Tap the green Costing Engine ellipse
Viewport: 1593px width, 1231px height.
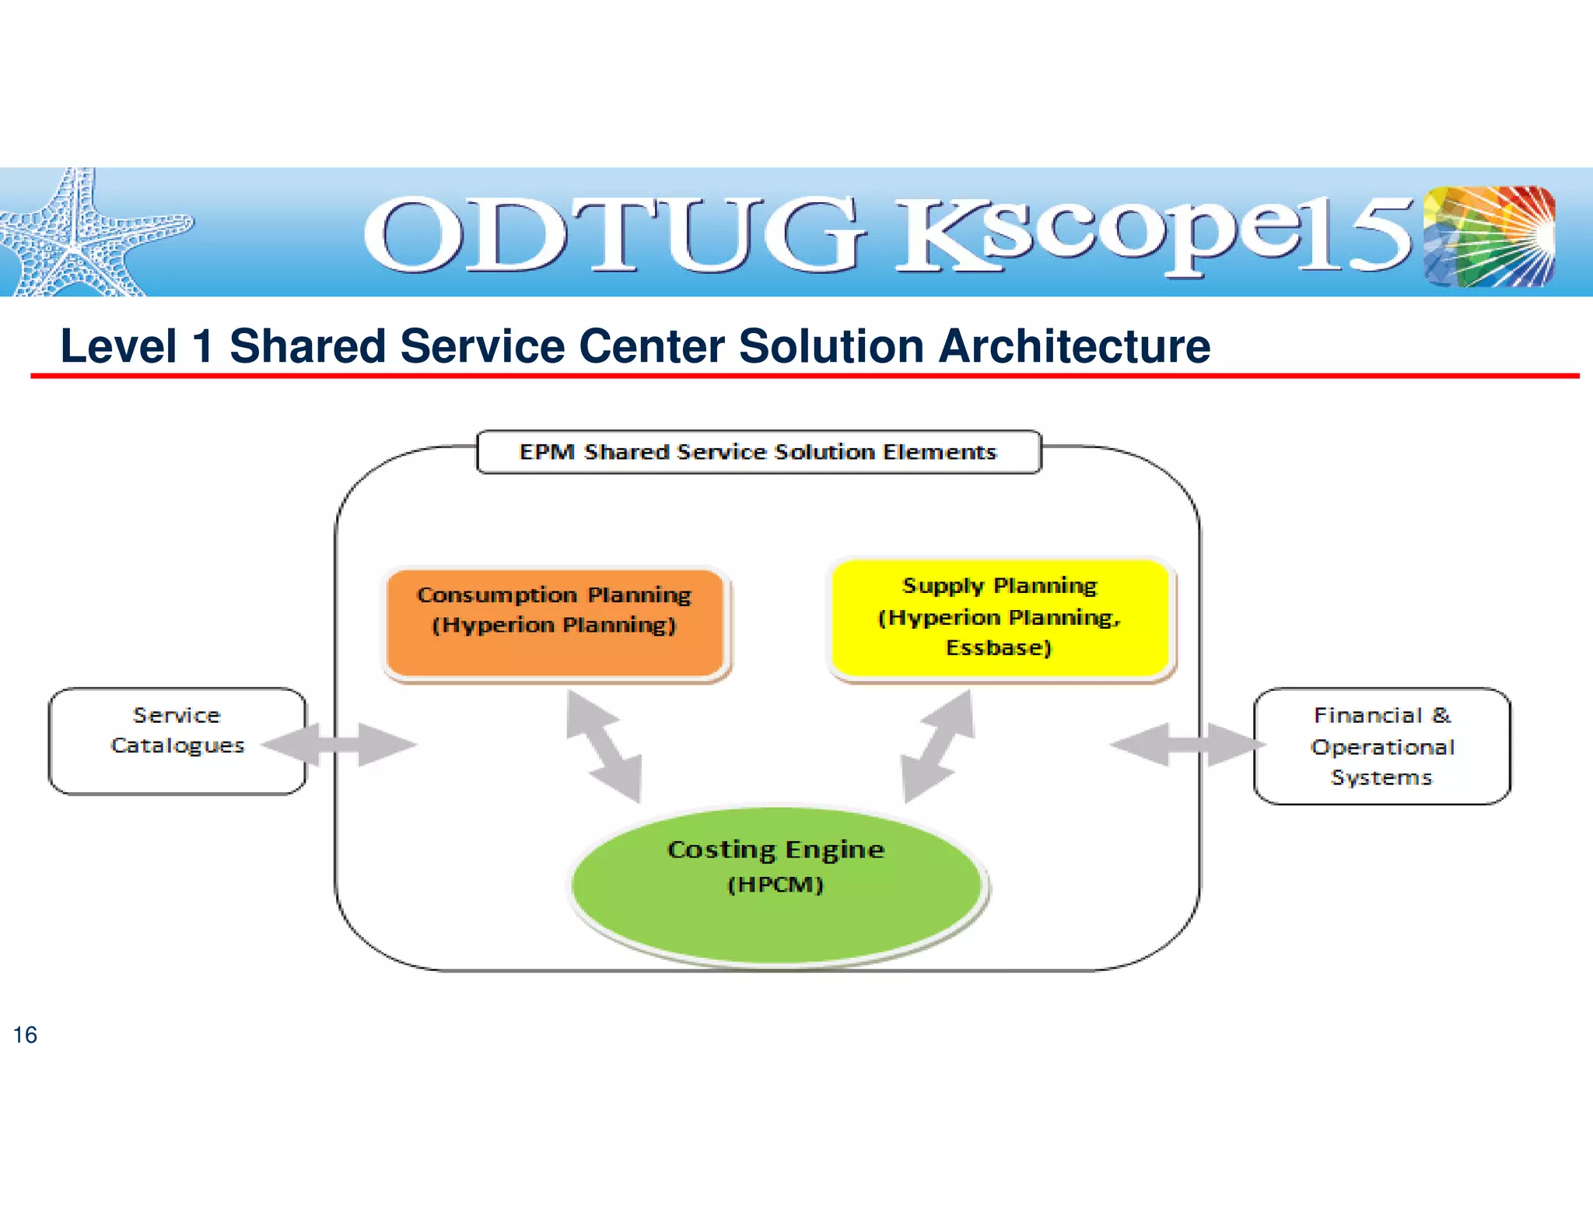click(776, 887)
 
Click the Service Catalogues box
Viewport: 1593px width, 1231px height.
click(177, 740)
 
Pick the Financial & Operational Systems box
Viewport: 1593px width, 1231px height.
click(1381, 745)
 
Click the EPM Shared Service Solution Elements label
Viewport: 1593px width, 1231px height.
click(758, 452)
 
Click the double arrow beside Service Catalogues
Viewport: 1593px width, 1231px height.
click(339, 745)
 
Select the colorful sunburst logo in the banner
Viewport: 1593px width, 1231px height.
click(1490, 236)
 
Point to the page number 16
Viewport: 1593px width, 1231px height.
click(25, 1035)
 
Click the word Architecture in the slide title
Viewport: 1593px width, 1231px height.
click(1074, 346)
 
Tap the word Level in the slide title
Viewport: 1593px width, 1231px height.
click(118, 346)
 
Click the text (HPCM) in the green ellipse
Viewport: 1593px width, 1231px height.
click(775, 885)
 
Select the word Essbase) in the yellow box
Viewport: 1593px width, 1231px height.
click(999, 647)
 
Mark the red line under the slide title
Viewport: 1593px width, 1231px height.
click(804, 376)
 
